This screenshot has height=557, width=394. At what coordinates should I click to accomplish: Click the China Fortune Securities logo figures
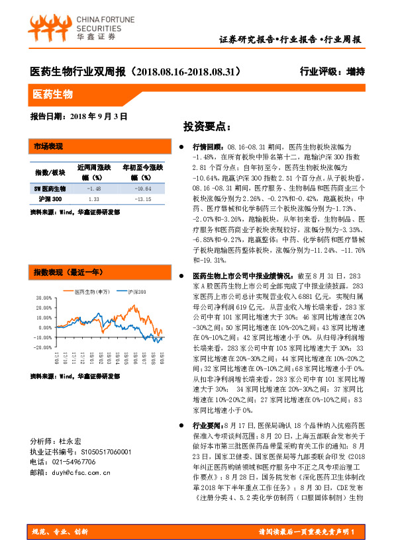(48, 26)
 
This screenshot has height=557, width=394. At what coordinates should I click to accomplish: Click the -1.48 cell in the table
(93, 189)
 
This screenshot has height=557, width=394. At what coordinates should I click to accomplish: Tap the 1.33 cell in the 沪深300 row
(93, 198)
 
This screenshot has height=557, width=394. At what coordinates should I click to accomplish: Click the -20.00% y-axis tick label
(41, 347)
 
